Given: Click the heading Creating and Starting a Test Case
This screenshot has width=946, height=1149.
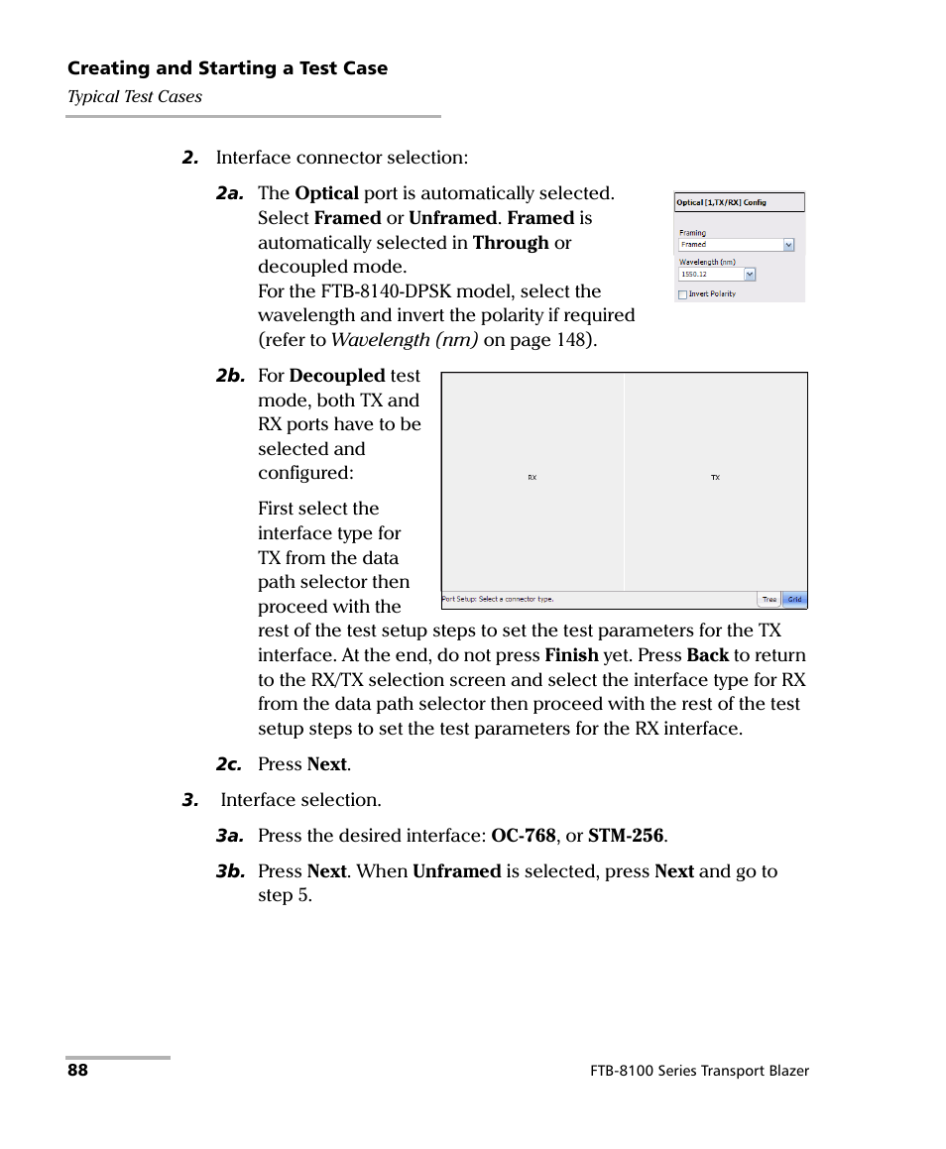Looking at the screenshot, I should (x=227, y=68).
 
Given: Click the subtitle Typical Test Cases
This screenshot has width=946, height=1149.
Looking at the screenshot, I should (x=134, y=96).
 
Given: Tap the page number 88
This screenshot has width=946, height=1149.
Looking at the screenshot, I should (x=77, y=1071).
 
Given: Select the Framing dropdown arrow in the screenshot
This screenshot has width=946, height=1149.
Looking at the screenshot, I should (x=788, y=245).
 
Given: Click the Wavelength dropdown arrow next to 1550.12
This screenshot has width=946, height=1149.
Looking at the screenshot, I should (x=749, y=275).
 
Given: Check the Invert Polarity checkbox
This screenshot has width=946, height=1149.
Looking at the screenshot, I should (x=682, y=294).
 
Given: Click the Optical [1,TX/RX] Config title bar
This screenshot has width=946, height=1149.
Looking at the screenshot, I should (x=739, y=202).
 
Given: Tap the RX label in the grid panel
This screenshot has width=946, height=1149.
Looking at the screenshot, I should (x=532, y=478).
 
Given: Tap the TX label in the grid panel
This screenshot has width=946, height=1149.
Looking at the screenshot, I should (x=715, y=478).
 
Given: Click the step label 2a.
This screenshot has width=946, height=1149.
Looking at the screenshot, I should (x=229, y=194).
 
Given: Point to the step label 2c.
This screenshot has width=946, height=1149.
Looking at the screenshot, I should (x=229, y=764).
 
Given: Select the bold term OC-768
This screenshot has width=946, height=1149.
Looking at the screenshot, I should (x=524, y=836).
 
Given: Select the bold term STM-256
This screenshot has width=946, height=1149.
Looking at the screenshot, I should (x=625, y=836).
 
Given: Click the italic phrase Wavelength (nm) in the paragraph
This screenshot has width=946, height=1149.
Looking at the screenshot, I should (x=405, y=340).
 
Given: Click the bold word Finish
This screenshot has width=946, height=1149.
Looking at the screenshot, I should (x=571, y=655).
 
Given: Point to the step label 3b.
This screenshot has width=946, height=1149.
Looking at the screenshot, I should (x=229, y=872).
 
